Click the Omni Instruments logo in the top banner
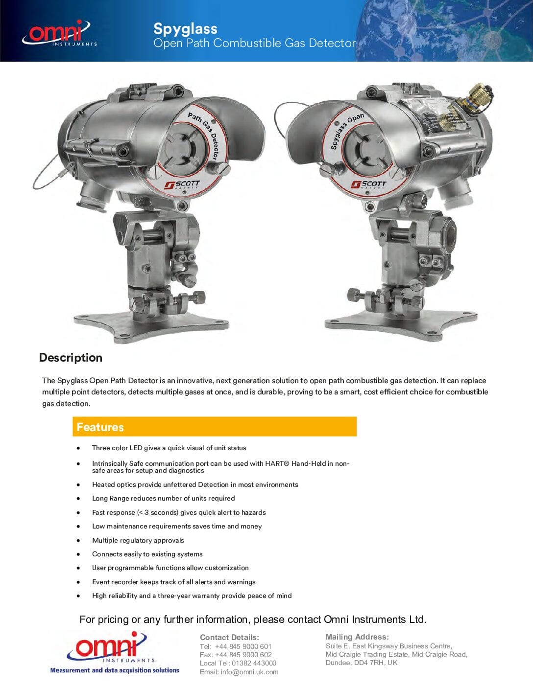59,33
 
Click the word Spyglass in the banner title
185,28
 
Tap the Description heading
71,358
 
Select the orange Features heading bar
214,427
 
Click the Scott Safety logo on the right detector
368,184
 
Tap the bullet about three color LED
169,448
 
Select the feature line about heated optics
195,484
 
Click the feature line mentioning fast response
179,512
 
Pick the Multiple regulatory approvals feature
138,540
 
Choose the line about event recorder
174,582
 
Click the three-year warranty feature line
192,596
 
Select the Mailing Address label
357,637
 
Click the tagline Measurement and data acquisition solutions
115,670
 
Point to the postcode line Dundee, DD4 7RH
362,663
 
